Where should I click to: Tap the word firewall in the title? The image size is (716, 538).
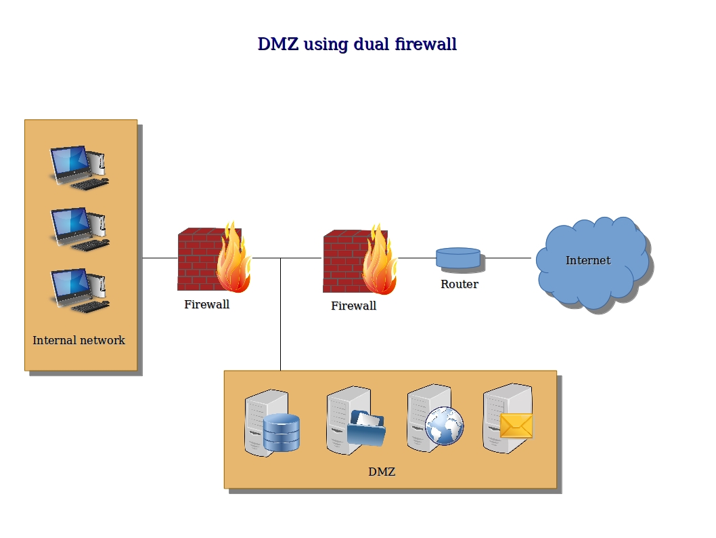426,44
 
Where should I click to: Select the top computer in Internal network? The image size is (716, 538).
79,168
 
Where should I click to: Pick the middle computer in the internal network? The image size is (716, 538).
79,230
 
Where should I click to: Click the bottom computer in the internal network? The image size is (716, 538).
79,291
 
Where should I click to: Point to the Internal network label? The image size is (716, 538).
79,340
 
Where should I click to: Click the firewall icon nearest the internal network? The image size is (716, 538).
214,257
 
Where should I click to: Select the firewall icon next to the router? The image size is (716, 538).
360,259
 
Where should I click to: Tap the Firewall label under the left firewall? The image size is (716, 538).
207,304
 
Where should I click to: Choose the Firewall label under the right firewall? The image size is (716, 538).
353,306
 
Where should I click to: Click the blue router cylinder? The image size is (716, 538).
458,257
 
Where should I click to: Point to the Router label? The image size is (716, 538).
460,284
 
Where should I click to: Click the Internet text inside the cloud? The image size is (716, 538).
588,261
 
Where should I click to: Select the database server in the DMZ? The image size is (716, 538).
272,423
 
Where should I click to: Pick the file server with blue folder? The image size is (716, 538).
356,421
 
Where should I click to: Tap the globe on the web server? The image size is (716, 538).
444,426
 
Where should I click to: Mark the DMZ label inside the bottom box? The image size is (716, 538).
382,472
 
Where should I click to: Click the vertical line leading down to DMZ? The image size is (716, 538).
280,314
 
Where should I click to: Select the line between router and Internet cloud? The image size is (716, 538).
508,258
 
